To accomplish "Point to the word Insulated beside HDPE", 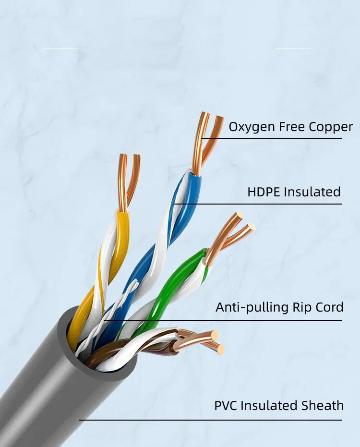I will click(312, 192).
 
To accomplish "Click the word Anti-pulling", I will click(246, 307).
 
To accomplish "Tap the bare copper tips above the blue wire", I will click(206, 139).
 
